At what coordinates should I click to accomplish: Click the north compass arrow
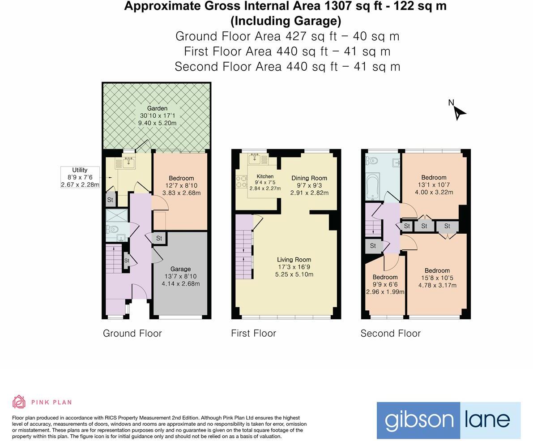click(x=459, y=112)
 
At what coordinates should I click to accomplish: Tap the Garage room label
click(x=180, y=269)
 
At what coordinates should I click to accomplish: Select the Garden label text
click(x=157, y=108)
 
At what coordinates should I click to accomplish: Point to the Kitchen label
click(x=265, y=176)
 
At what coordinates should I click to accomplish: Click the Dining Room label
click(x=309, y=178)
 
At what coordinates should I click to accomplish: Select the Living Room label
click(x=294, y=260)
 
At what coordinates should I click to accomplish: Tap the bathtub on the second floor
click(x=373, y=187)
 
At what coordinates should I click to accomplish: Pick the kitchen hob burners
click(x=242, y=181)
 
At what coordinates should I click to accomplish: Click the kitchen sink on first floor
click(x=256, y=158)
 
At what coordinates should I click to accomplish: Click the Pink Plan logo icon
click(x=19, y=402)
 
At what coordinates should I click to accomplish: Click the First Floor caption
click(x=253, y=333)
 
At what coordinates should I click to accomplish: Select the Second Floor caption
click(x=390, y=333)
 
